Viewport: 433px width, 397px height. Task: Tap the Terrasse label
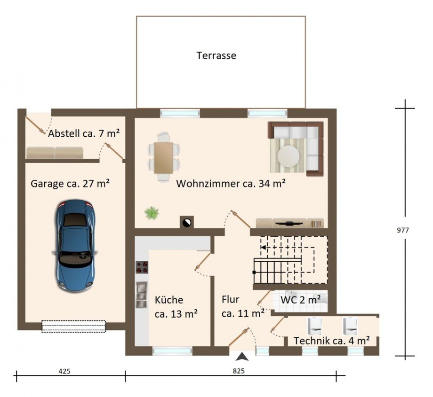(x=216, y=55)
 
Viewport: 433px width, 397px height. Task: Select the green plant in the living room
(x=152, y=213)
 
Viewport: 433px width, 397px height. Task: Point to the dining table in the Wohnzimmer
(x=163, y=158)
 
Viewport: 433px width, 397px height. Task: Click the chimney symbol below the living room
(x=187, y=222)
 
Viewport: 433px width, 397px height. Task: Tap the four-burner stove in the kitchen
(x=142, y=267)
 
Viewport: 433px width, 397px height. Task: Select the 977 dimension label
(x=402, y=230)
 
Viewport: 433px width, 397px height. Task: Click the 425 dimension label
(x=64, y=371)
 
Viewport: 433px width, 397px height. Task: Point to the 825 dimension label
(x=239, y=371)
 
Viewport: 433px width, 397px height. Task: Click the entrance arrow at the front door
(x=242, y=357)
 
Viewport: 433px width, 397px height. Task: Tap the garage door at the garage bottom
(x=74, y=326)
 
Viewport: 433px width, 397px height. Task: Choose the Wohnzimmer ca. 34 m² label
(x=231, y=183)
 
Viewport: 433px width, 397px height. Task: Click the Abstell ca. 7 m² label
(x=84, y=133)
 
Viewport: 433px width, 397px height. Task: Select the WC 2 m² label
(x=300, y=300)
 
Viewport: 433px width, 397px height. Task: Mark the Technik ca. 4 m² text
(x=332, y=341)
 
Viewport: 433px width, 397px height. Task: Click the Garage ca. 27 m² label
(x=70, y=184)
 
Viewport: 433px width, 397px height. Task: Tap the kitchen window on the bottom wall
(x=172, y=351)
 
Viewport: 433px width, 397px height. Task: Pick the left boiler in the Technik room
(x=315, y=326)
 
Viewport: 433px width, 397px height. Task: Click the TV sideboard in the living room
(x=290, y=223)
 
